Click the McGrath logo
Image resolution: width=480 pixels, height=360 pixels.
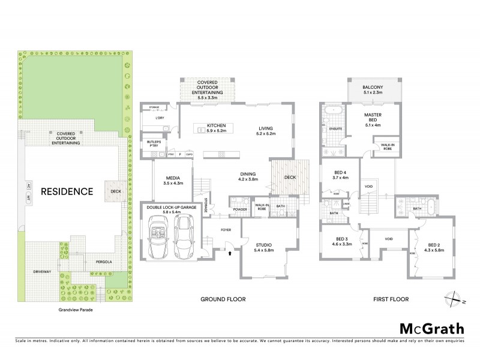[431, 328]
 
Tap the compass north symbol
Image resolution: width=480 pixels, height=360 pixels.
[454, 298]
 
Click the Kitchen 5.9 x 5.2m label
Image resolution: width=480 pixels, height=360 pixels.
[216, 128]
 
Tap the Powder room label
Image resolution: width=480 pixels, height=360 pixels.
[240, 210]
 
